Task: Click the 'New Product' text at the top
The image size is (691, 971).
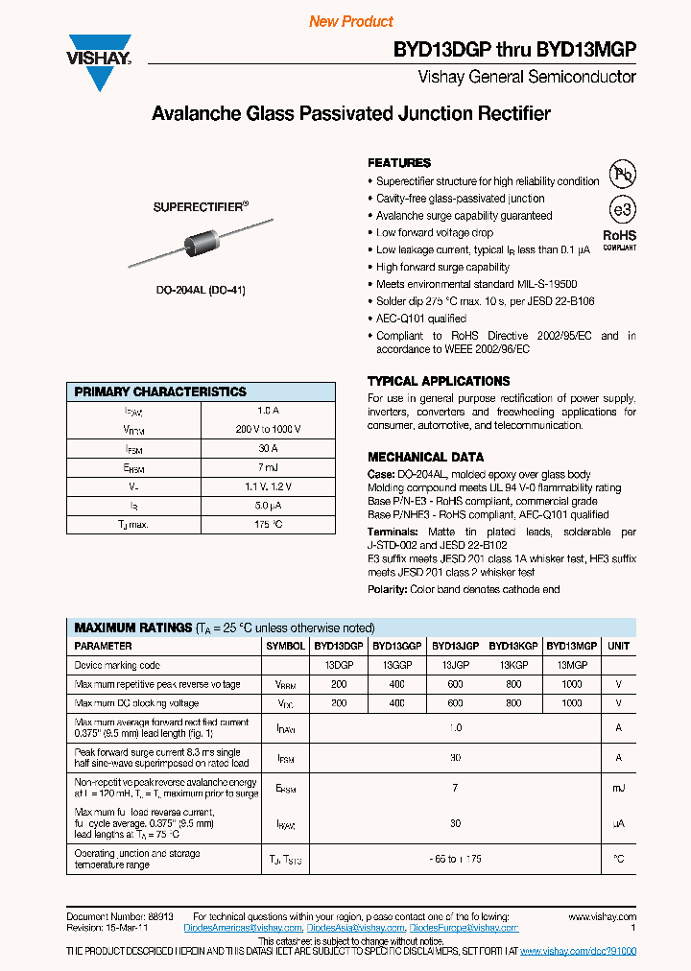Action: click(351, 21)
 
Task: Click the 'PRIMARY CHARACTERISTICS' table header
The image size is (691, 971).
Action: click(160, 391)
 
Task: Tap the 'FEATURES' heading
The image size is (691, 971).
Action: click(399, 163)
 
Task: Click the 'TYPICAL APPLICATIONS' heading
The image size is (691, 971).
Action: click(439, 381)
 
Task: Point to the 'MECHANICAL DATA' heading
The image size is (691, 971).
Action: click(425, 457)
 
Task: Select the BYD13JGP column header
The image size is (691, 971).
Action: click(456, 647)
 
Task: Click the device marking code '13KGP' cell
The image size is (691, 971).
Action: click(514, 665)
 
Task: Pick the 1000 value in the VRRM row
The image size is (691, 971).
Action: click(572, 684)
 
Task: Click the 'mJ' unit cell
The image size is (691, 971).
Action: click(619, 788)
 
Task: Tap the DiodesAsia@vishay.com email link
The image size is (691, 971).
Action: click(354, 928)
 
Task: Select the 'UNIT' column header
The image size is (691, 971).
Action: click(619, 647)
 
